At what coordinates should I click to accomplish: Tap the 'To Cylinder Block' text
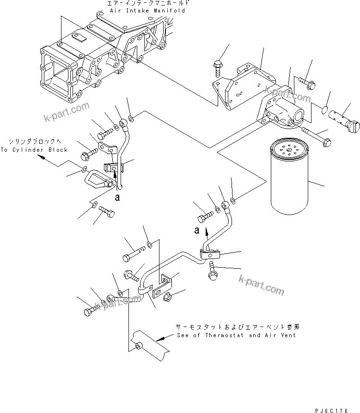[34, 149]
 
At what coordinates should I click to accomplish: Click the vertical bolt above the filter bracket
[218, 68]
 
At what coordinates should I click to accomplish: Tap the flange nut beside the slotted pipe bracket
[169, 296]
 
